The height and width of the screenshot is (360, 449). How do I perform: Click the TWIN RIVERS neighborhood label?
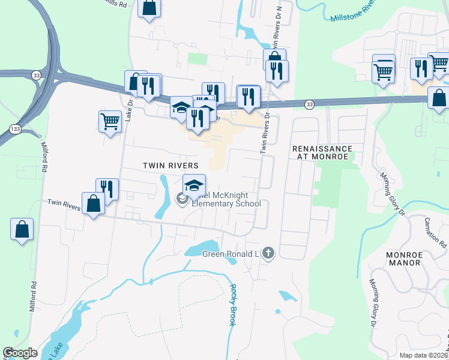170,165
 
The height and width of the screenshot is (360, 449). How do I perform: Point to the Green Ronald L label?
230,254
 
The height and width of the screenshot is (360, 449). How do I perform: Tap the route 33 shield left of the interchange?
37,75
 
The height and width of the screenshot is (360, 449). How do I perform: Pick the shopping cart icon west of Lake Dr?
110,121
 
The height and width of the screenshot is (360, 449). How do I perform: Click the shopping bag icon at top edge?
149,8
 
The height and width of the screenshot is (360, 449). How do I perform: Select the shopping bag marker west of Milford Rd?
22,229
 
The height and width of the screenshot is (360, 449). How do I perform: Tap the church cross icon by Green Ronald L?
268,254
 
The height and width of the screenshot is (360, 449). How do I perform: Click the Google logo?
20,353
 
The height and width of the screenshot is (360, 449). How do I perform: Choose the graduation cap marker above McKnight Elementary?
194,185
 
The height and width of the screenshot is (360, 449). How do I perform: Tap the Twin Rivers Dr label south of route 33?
265,136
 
